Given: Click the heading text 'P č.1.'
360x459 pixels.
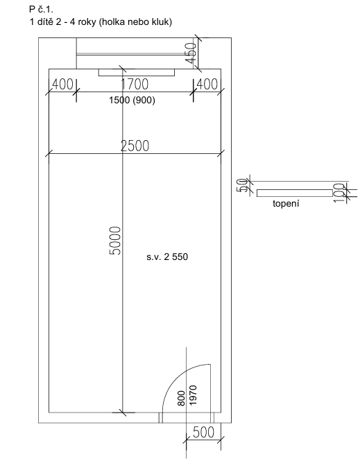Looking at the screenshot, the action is (41, 10).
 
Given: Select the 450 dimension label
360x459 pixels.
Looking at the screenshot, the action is (191, 53).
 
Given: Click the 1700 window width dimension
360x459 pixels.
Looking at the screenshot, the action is (135, 84).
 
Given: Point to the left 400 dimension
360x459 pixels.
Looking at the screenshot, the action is (62, 85).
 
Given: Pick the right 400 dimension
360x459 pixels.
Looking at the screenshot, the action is (207, 85).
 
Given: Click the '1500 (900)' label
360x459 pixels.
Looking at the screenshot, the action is (132, 100).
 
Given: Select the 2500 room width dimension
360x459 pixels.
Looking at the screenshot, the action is (135, 146).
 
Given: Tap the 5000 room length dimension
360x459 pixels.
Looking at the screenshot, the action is (115, 241).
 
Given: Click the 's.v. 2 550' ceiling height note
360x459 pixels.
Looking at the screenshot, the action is (167, 257).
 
